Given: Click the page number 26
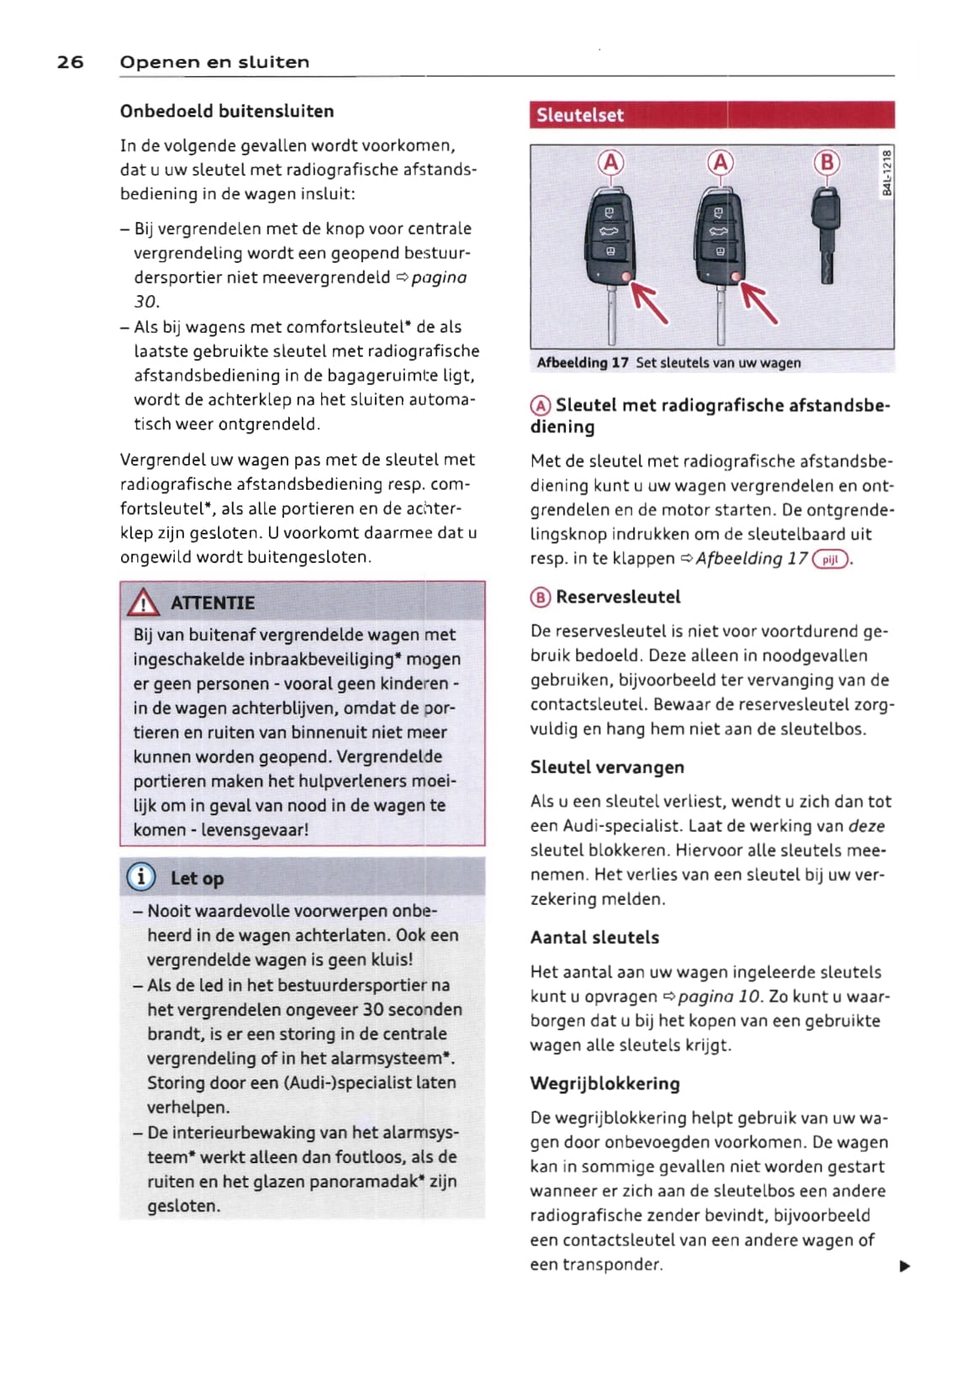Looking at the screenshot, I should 70,62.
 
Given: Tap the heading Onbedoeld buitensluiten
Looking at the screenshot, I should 227,112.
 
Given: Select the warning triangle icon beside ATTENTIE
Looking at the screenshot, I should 143,603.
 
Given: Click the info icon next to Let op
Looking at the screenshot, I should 140,877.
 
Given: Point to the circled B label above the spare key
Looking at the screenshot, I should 827,161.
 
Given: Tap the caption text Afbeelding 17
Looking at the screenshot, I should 583,363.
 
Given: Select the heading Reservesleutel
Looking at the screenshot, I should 618,598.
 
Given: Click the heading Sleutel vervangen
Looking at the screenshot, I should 607,767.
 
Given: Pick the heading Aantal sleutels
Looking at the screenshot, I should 594,938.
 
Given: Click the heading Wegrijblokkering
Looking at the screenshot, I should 604,1083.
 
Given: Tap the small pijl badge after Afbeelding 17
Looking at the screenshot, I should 831,560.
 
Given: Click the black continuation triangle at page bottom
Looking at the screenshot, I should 905,1266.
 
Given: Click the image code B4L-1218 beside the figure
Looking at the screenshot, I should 886,172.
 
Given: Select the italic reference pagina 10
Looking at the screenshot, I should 720,997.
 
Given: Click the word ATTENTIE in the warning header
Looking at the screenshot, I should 212,603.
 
